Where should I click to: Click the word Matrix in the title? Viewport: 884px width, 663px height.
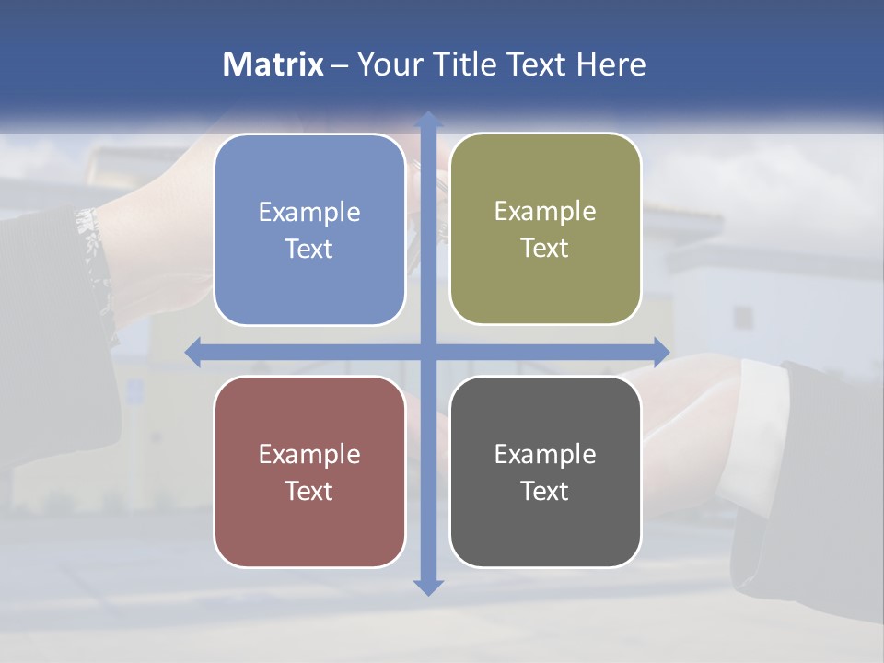click(x=273, y=64)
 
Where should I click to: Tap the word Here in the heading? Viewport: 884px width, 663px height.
click(x=611, y=64)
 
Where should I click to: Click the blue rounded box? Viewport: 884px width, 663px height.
click(x=309, y=230)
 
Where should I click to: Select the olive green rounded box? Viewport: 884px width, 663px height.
click(x=545, y=229)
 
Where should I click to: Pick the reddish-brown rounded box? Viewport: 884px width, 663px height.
click(x=309, y=471)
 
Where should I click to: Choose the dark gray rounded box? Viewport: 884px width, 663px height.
click(x=545, y=471)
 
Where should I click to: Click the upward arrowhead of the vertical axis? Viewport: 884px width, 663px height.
click(x=427, y=120)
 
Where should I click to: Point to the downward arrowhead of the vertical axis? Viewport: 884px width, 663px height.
click(x=427, y=587)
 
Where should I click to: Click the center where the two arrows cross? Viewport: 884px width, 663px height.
click(x=427, y=352)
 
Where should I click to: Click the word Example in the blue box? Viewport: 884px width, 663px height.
click(x=309, y=212)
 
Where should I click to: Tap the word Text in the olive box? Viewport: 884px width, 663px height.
click(x=545, y=248)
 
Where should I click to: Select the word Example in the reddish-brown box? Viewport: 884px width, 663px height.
click(x=309, y=454)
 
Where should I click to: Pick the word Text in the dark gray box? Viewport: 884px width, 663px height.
click(x=545, y=491)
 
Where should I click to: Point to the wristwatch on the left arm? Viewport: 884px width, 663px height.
click(x=92, y=244)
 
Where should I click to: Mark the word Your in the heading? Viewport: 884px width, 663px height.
click(x=388, y=64)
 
